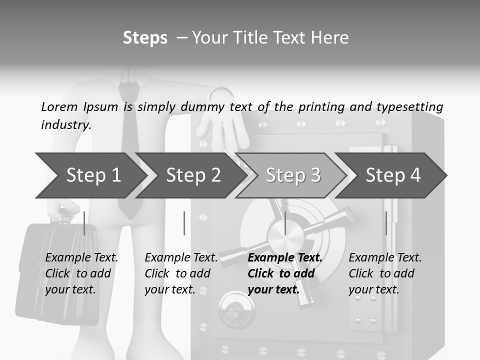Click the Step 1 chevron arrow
(90, 175)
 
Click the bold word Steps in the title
(145, 38)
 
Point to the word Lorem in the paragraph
(59, 106)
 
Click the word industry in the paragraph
(65, 125)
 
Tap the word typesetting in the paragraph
(409, 106)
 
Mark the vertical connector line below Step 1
(84, 223)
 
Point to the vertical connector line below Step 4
(386, 223)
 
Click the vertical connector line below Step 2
(184, 223)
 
